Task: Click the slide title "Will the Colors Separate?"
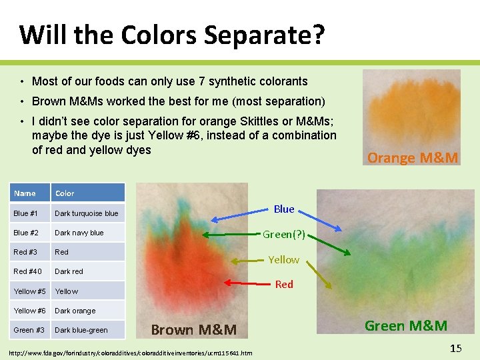click(x=172, y=35)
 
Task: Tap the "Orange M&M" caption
click(x=413, y=158)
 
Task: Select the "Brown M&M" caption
click(x=193, y=329)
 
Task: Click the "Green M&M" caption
click(x=405, y=325)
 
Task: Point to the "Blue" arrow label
click(x=284, y=209)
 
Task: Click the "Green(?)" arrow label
click(x=283, y=234)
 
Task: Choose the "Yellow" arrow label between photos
click(x=283, y=259)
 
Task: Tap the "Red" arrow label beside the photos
click(x=284, y=284)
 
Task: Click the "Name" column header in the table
click(x=25, y=193)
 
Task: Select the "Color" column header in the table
click(x=65, y=193)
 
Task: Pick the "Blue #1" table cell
click(x=25, y=213)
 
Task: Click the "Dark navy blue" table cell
click(x=79, y=233)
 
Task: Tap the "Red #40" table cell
click(x=27, y=271)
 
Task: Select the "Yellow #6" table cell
click(x=30, y=311)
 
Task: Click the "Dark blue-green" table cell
click(x=81, y=330)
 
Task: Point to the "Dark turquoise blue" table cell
click(x=86, y=213)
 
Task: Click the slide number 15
click(x=455, y=348)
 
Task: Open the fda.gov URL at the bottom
click(x=130, y=352)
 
